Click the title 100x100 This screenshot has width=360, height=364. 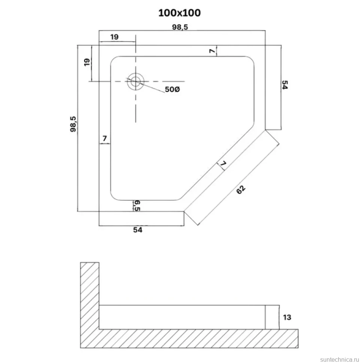coord(179,13)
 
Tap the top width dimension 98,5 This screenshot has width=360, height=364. coord(180,27)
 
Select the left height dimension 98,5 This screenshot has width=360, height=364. coord(73,124)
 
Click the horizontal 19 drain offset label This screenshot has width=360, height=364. coord(114,37)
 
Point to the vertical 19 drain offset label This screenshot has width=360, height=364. coord(87,62)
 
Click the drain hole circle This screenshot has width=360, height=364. coord(136,82)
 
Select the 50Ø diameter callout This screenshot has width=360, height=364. coord(172,89)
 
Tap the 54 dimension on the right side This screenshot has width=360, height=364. coord(285,85)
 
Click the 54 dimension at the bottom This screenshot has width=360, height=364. coord(138,230)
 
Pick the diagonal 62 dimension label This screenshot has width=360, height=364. coord(241,190)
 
